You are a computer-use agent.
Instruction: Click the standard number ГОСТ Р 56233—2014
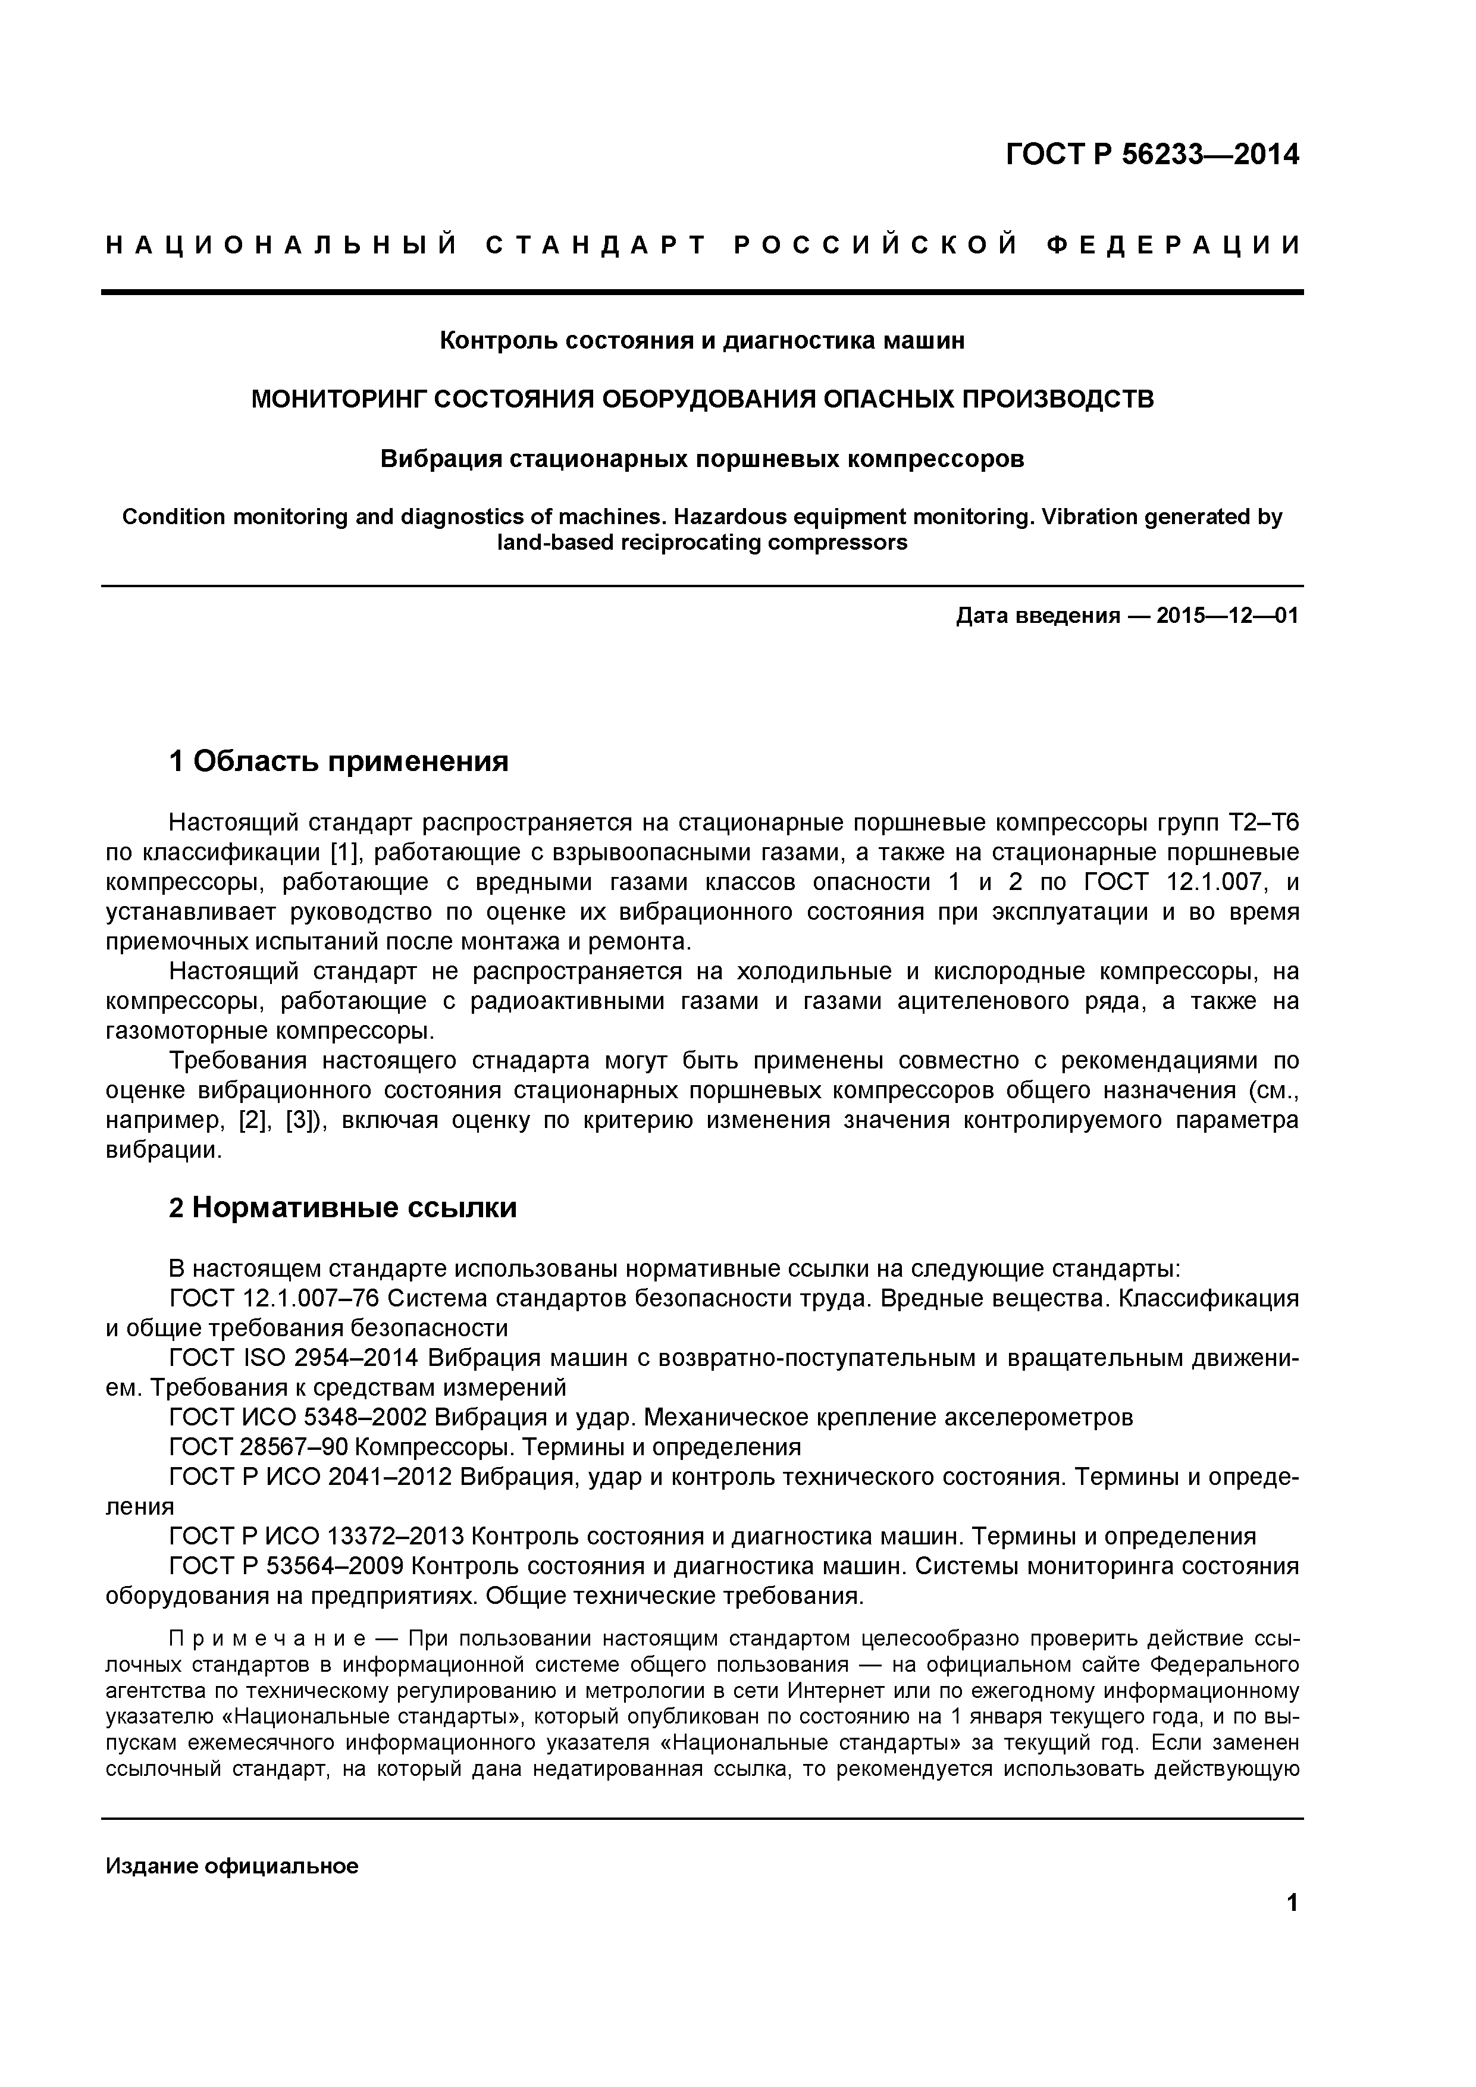1152,155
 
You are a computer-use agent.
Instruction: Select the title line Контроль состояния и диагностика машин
701,341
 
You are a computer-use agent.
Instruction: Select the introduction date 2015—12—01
1227,616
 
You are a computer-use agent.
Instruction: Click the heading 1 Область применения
339,761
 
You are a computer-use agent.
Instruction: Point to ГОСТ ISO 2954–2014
293,1359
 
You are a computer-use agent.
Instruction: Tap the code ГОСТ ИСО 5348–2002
298,1418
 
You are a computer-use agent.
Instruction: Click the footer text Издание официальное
232,1867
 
